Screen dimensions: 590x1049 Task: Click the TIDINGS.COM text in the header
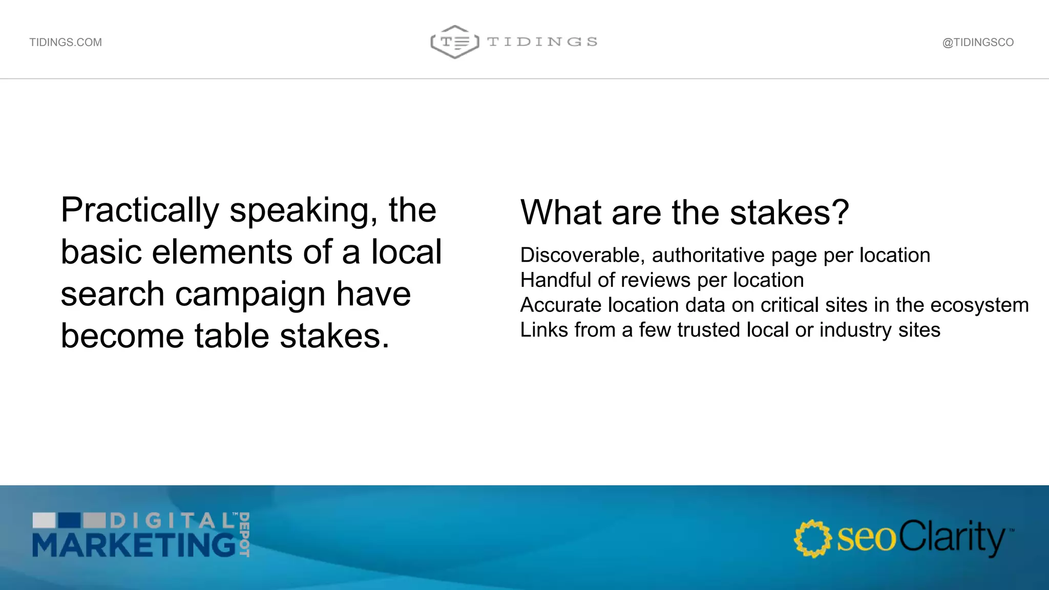[x=66, y=43]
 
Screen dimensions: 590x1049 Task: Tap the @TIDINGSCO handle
[x=978, y=43]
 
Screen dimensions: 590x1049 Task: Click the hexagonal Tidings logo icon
[x=455, y=41]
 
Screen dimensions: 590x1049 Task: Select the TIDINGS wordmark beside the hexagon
[x=542, y=42]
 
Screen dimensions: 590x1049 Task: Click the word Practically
[x=140, y=210]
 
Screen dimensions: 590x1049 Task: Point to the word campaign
[x=250, y=294]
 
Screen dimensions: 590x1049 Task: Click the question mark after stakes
[x=841, y=213]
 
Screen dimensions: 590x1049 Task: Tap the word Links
[x=541, y=330]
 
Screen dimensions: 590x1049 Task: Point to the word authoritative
[x=708, y=256]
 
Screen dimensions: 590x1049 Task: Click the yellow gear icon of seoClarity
[x=812, y=539]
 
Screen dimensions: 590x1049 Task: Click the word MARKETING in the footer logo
[x=134, y=545]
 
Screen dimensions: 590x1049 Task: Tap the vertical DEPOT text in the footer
[x=244, y=535]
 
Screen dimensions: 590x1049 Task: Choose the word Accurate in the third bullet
[x=560, y=305]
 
